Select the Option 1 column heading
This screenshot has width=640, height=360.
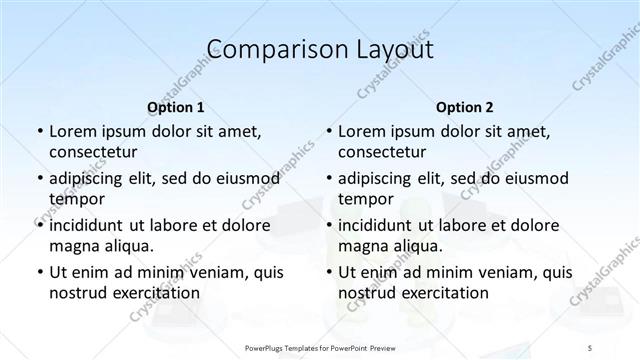pyautogui.click(x=176, y=107)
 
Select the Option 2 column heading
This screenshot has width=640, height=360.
pyautogui.click(x=465, y=107)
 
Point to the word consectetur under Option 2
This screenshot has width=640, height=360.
pyautogui.click(x=383, y=152)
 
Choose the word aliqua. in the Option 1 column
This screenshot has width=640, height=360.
pyautogui.click(x=127, y=245)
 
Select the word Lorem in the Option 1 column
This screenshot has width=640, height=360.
pyautogui.click(x=73, y=131)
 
